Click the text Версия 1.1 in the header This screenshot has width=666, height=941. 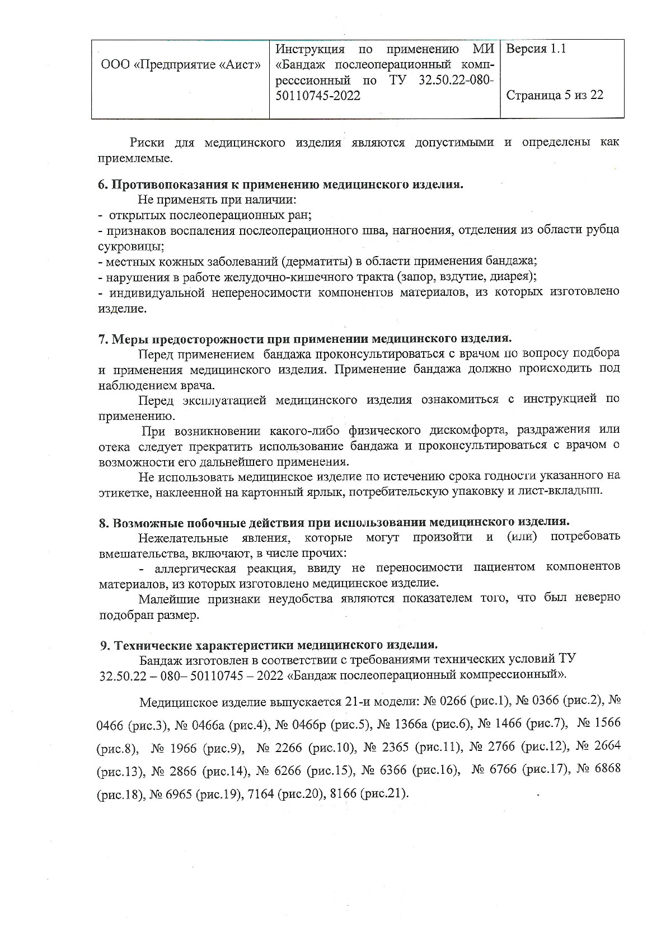[536, 49]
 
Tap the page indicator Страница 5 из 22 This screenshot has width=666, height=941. [554, 95]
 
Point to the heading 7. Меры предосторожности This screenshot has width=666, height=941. [305, 338]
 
